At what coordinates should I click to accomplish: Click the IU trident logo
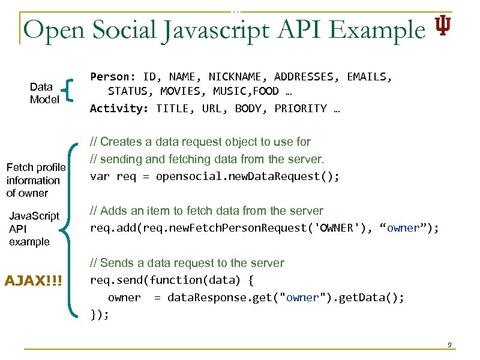[443, 25]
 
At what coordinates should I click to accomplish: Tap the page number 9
[449, 345]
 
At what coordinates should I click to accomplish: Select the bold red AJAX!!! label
[34, 281]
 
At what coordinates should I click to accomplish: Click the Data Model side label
[44, 93]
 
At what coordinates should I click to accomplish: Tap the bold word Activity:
[120, 109]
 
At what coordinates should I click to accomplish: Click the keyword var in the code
[99, 176]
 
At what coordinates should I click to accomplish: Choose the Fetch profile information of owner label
[35, 180]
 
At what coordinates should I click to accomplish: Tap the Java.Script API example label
[34, 229]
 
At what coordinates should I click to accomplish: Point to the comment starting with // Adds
[206, 211]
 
